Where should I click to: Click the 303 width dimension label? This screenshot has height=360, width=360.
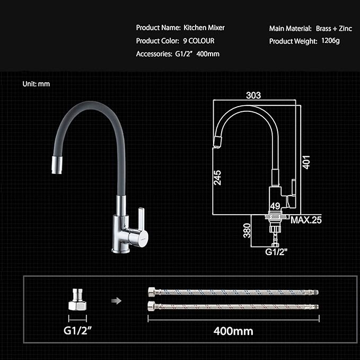point(253,95)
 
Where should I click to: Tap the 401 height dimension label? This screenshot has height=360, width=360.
point(306,162)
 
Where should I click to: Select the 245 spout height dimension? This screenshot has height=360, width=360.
point(217,178)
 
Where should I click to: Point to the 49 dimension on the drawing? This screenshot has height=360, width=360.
point(275,206)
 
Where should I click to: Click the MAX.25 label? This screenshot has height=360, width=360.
point(306,220)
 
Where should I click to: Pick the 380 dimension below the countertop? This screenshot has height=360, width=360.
point(247,230)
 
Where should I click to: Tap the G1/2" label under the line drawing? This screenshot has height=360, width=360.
point(276,252)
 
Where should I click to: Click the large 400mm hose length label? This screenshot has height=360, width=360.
point(233,331)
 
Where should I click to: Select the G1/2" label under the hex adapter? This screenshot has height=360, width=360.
point(77,330)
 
